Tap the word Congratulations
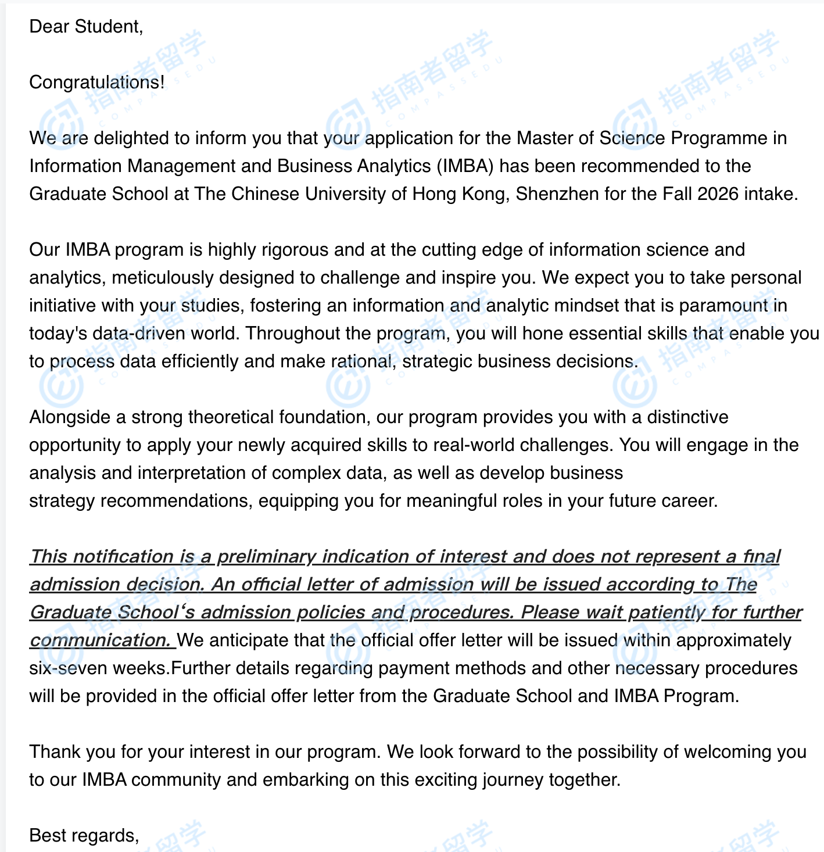coord(96,83)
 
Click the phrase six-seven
coord(68,668)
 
